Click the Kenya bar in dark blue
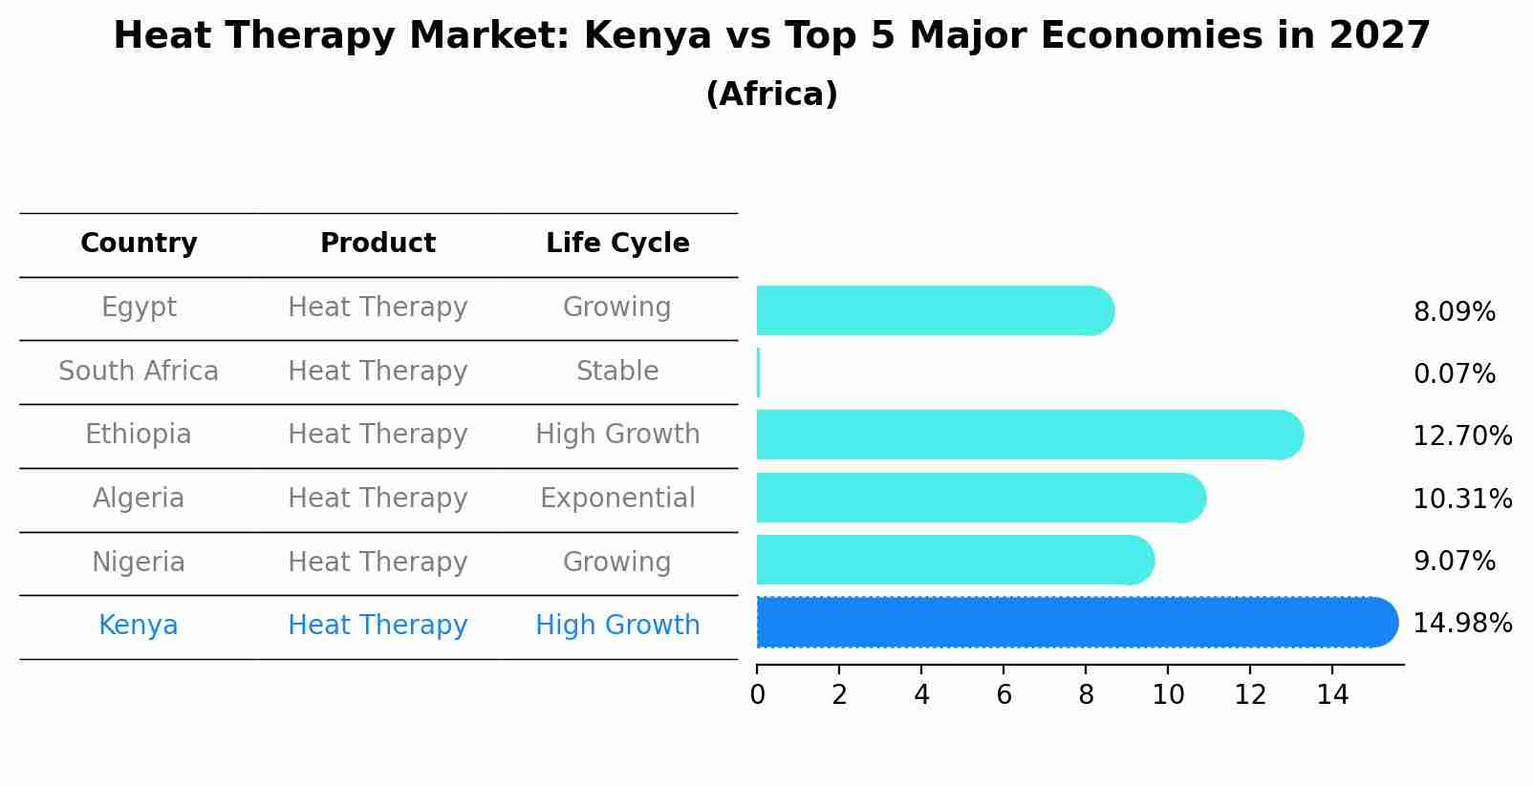[x=1075, y=623]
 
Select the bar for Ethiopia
[x=1028, y=435]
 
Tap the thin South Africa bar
[x=759, y=372]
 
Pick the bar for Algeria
[x=980, y=498]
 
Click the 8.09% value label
[x=1454, y=312]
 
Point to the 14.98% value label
[x=1462, y=624]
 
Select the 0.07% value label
[x=1454, y=374]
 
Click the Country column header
[x=139, y=244]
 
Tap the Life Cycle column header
[x=617, y=244]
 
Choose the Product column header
[x=378, y=244]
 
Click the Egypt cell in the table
[x=139, y=308]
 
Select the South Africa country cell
[x=139, y=372]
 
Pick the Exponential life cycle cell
[x=617, y=499]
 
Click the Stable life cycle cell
[x=617, y=372]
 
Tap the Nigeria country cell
[x=139, y=563]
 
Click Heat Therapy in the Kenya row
[x=378, y=626]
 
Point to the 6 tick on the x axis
[x=1004, y=695]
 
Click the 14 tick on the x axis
[x=1332, y=695]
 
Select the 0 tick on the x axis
[x=758, y=695]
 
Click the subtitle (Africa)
[x=771, y=95]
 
